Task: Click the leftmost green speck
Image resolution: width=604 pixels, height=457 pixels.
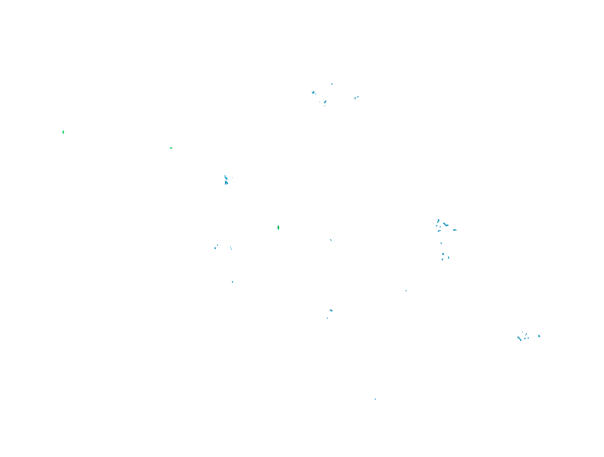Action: pyautogui.click(x=63, y=132)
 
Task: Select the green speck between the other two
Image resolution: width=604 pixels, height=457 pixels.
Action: pyautogui.click(x=171, y=148)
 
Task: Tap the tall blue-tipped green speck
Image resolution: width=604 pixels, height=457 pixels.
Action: pyautogui.click(x=278, y=227)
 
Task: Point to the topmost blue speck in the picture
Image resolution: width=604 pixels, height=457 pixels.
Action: pyautogui.click(x=332, y=84)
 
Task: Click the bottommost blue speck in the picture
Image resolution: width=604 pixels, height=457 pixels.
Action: pyautogui.click(x=375, y=399)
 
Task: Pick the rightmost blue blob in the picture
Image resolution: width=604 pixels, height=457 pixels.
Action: pyautogui.click(x=539, y=336)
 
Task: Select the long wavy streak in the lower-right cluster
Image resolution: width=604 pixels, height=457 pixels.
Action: pyautogui.click(x=519, y=338)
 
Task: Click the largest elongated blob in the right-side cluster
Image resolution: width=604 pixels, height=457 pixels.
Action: pyautogui.click(x=446, y=225)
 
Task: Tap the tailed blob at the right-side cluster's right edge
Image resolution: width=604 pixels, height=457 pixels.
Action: pyautogui.click(x=455, y=230)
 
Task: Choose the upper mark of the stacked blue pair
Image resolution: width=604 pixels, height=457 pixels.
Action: pyautogui.click(x=226, y=178)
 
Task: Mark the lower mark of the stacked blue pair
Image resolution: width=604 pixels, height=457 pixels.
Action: pyautogui.click(x=226, y=183)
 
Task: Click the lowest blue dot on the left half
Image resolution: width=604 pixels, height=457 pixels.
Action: pyautogui.click(x=233, y=282)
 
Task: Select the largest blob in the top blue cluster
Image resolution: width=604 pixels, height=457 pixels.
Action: pyautogui.click(x=313, y=93)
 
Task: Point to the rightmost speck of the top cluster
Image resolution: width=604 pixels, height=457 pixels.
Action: pyautogui.click(x=358, y=96)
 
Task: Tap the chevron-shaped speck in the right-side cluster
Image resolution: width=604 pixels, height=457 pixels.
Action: pyautogui.click(x=449, y=257)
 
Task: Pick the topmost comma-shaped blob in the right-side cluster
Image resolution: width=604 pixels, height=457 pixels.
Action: pyautogui.click(x=438, y=220)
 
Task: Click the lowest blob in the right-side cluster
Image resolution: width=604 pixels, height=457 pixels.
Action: pyautogui.click(x=442, y=259)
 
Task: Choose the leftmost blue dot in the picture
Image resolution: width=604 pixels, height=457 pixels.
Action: pyautogui.click(x=215, y=248)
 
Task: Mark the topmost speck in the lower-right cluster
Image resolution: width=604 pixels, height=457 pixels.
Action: pyautogui.click(x=522, y=332)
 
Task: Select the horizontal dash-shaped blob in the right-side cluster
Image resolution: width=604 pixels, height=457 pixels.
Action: pyautogui.click(x=439, y=231)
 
